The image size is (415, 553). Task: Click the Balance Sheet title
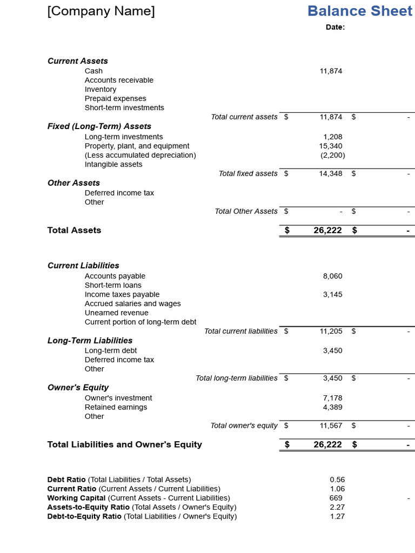pyautogui.click(x=359, y=11)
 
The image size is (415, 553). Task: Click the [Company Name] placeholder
pyautogui.click(x=101, y=11)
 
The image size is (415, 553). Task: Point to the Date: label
pyautogui.click(x=335, y=27)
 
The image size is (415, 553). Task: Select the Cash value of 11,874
pyautogui.click(x=331, y=71)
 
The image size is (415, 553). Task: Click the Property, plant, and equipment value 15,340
pyautogui.click(x=331, y=146)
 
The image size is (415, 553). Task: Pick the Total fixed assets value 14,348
pyautogui.click(x=331, y=173)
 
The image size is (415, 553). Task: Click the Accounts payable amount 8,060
pyautogui.click(x=332, y=276)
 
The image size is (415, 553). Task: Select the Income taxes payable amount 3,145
pyautogui.click(x=332, y=294)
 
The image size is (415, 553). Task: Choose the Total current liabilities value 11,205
pyautogui.click(x=331, y=331)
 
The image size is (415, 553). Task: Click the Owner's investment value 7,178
pyautogui.click(x=332, y=398)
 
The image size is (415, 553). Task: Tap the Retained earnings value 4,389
pyautogui.click(x=332, y=407)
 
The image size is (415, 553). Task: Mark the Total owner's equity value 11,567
pyautogui.click(x=331, y=426)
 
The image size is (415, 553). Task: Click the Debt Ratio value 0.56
pyautogui.click(x=337, y=480)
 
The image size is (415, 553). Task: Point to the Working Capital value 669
pyautogui.click(x=336, y=498)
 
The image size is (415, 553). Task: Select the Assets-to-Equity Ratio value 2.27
pyautogui.click(x=337, y=507)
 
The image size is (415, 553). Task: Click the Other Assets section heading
pyautogui.click(x=73, y=183)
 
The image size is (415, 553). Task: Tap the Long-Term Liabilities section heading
pyautogui.click(x=90, y=341)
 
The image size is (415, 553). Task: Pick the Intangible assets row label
pyautogui.click(x=113, y=164)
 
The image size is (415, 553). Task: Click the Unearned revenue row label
pyautogui.click(x=116, y=313)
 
